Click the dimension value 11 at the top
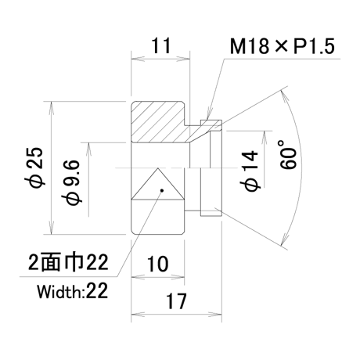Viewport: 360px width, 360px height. pos(161,46)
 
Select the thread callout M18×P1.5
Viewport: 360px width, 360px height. pos(282,46)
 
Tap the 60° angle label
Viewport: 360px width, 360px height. pos(288,154)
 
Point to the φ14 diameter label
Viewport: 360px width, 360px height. pos(250,171)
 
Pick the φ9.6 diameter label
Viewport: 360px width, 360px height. pos(71,182)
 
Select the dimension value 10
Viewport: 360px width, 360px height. pos(158,264)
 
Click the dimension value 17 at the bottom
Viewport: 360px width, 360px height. pos(176,301)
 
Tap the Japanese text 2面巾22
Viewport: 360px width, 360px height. pos(68,261)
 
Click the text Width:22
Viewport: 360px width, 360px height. pos(72,291)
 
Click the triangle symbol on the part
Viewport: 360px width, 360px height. pos(157,184)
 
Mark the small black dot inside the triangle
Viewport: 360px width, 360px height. pos(162,190)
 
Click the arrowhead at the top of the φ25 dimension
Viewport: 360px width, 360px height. pos(52,107)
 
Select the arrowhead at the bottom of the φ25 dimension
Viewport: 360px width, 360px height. pos(52,228)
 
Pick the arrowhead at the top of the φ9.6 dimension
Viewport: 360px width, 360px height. pos(88,149)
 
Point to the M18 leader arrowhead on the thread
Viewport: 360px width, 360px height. pos(209,114)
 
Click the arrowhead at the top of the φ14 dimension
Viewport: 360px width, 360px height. pos(265,137)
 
